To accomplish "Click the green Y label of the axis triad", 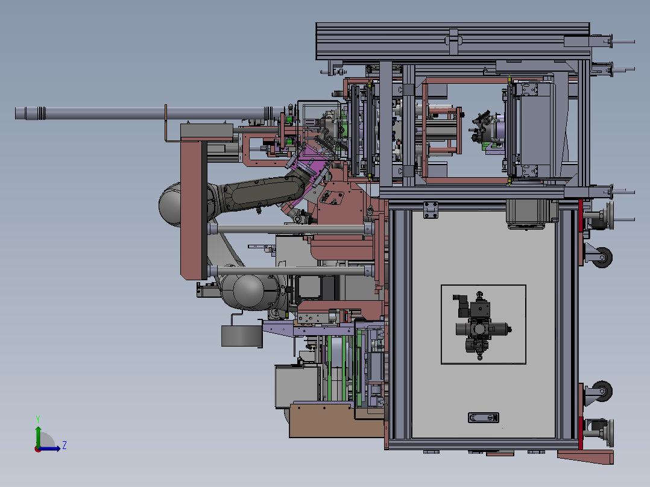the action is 38,419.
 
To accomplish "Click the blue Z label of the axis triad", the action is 65,445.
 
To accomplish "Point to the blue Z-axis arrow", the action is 49,448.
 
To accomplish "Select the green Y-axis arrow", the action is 38,437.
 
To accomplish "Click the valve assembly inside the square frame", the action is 482,326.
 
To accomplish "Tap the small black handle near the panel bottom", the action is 484,417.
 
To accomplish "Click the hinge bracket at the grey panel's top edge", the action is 431,210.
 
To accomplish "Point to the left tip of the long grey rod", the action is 15,113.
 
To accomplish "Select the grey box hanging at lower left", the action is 242,336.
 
